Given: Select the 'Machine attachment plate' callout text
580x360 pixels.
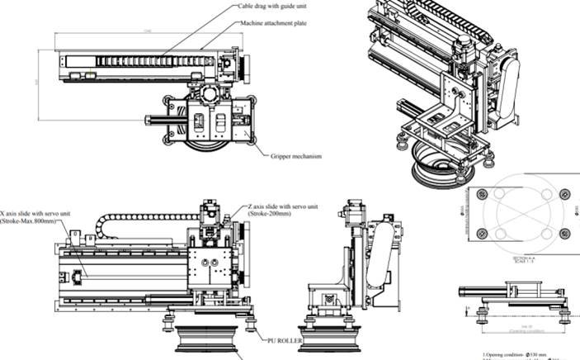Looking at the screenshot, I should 274,23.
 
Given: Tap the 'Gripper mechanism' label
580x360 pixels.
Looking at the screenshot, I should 295,156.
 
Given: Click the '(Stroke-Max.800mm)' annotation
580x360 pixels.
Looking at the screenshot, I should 34,221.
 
